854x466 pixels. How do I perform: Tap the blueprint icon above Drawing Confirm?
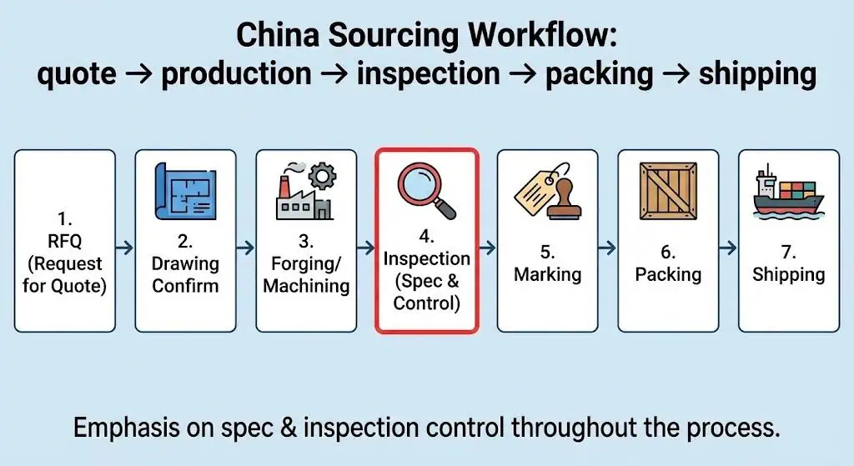[185, 191]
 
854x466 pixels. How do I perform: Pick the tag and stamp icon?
[547, 193]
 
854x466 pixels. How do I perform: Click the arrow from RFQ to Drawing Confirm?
[125, 248]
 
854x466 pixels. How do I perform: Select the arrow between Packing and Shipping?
[728, 248]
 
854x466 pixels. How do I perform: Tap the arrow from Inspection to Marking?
[487, 248]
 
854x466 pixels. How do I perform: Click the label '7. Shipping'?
[788, 263]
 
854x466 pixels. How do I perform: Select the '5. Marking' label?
[547, 263]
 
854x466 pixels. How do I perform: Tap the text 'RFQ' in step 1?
[65, 242]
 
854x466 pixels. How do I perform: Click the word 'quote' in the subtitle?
[77, 73]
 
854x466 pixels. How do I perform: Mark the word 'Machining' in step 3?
[306, 286]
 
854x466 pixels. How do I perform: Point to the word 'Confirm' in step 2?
[185, 286]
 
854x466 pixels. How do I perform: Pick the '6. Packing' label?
[667, 263]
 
